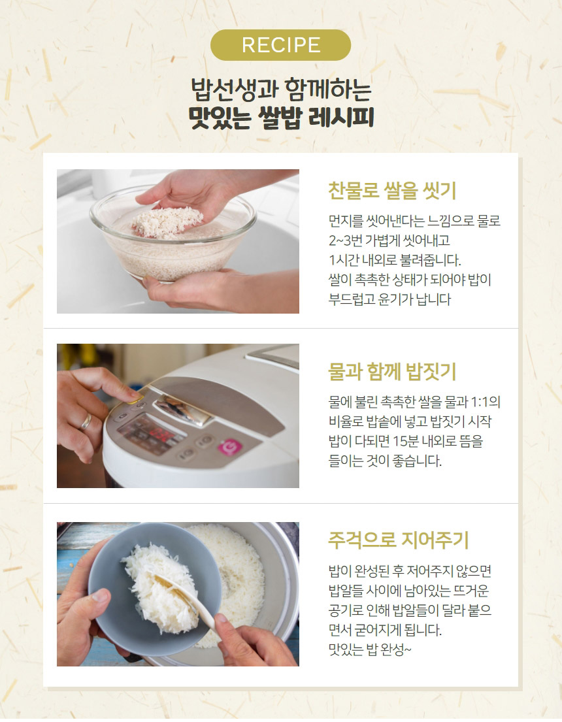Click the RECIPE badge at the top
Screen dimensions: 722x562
pos(281,45)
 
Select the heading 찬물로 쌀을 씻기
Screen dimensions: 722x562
pos(391,191)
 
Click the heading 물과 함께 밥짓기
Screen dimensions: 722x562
pos(391,372)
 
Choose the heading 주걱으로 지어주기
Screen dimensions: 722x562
pos(398,540)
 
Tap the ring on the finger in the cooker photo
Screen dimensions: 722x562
pos(86,422)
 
